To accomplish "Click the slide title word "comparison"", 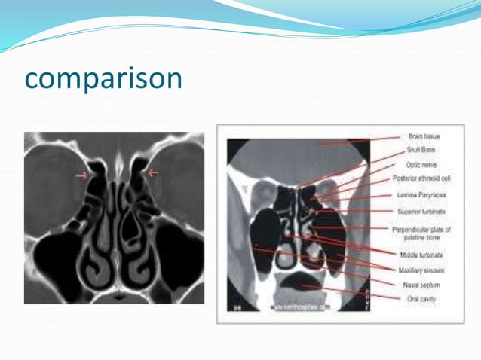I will point(103,78).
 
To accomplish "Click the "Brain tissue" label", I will point(424,137).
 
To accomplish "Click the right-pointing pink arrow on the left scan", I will point(81,176).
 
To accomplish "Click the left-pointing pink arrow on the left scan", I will point(153,173).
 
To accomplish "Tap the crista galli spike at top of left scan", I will point(117,160).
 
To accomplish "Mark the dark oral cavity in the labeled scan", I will point(299,284).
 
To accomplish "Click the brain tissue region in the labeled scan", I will point(302,154).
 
